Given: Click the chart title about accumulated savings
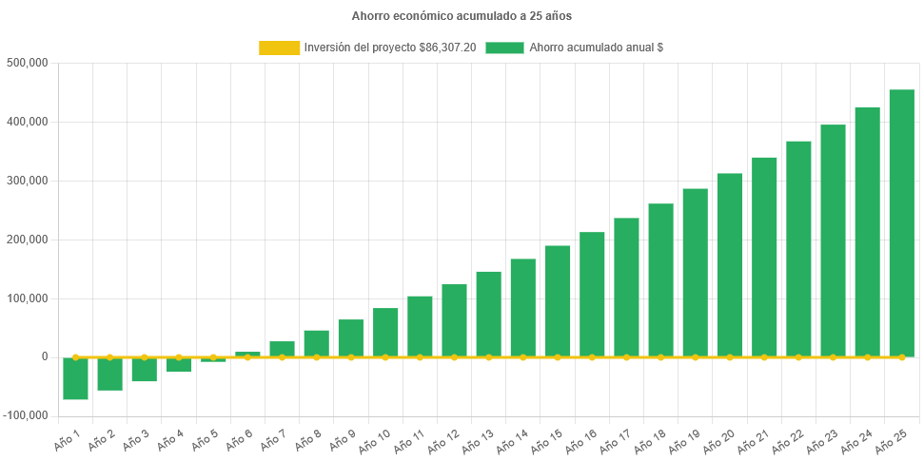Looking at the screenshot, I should point(462,16).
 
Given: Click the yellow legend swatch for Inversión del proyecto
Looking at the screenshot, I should point(279,48).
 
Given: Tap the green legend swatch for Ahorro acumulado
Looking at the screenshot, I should point(504,48).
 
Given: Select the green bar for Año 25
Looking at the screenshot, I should point(901,223).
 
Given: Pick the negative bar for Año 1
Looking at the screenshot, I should point(75,378).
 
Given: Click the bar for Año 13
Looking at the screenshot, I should point(488,314).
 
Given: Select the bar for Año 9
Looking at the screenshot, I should point(350,337).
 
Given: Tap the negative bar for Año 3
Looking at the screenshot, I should point(144,370).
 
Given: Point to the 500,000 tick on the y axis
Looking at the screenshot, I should point(28,63).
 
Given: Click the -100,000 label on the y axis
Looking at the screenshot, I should point(26,415).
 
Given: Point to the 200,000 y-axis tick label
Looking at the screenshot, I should point(28,240).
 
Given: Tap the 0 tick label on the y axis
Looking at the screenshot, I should point(44,356).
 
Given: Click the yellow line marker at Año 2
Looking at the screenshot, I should point(109,357).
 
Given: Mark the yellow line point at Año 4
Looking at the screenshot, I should point(179,357).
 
